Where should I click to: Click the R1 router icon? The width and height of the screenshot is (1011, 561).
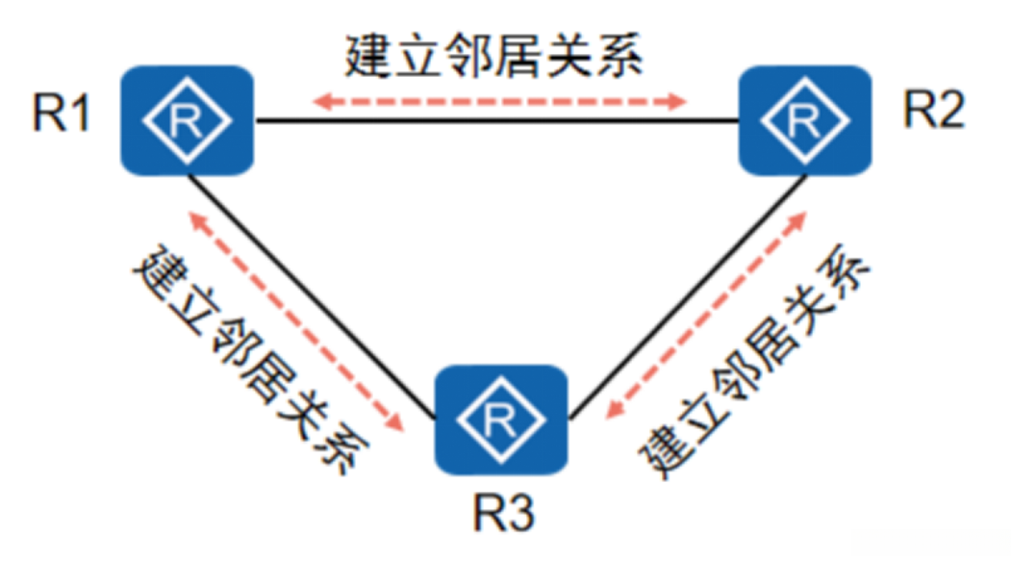(x=186, y=120)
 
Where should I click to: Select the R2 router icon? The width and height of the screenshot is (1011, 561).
(x=803, y=120)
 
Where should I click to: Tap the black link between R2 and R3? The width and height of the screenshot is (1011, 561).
(x=689, y=298)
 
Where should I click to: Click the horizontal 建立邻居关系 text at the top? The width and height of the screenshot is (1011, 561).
(x=493, y=58)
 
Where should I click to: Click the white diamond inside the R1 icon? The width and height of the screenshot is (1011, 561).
(x=186, y=120)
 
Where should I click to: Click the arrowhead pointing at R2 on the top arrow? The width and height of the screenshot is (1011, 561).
(x=679, y=99)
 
